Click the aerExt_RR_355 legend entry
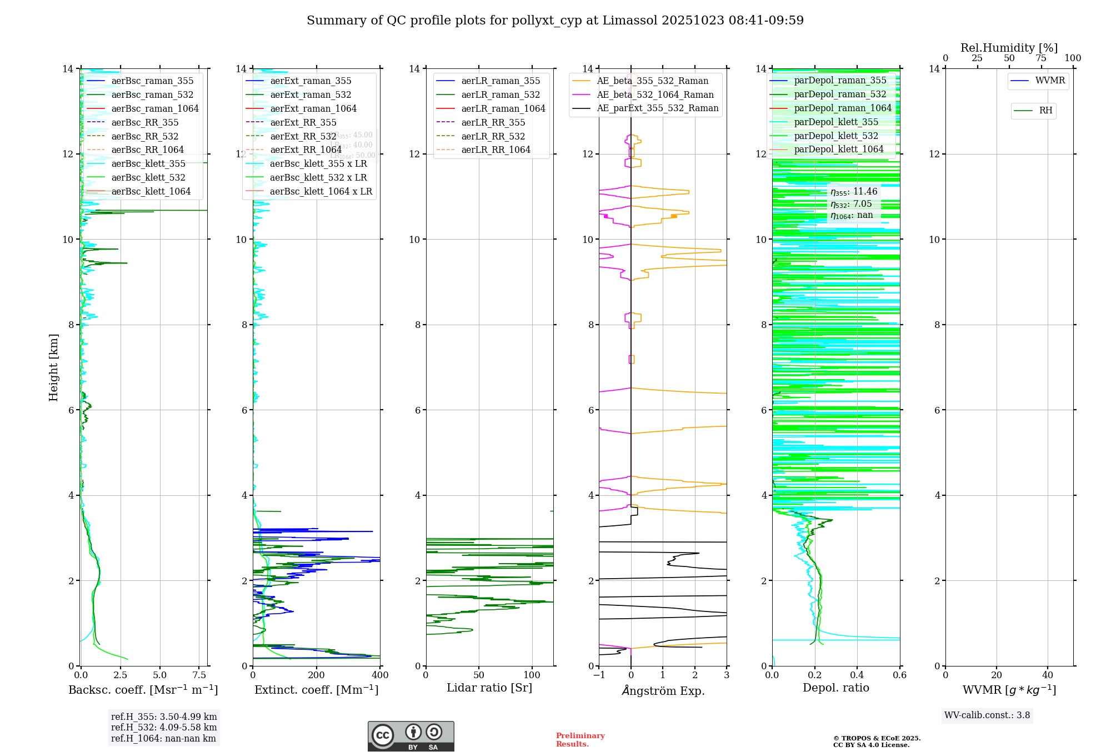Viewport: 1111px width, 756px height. point(303,122)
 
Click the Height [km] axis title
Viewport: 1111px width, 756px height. point(53,367)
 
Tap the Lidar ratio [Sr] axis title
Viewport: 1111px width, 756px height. point(489,688)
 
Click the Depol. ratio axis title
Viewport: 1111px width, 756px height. point(835,688)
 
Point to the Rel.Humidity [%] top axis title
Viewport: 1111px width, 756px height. point(1009,48)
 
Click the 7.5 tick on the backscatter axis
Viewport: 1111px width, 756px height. point(199,675)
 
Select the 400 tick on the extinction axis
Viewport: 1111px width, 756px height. point(380,675)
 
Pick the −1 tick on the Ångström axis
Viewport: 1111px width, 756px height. point(599,675)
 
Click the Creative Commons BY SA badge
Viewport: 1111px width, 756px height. point(411,737)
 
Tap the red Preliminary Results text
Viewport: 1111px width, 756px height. point(580,740)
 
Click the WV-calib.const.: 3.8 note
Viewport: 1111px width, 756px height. point(987,715)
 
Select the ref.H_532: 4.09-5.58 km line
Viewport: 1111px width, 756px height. point(164,728)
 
